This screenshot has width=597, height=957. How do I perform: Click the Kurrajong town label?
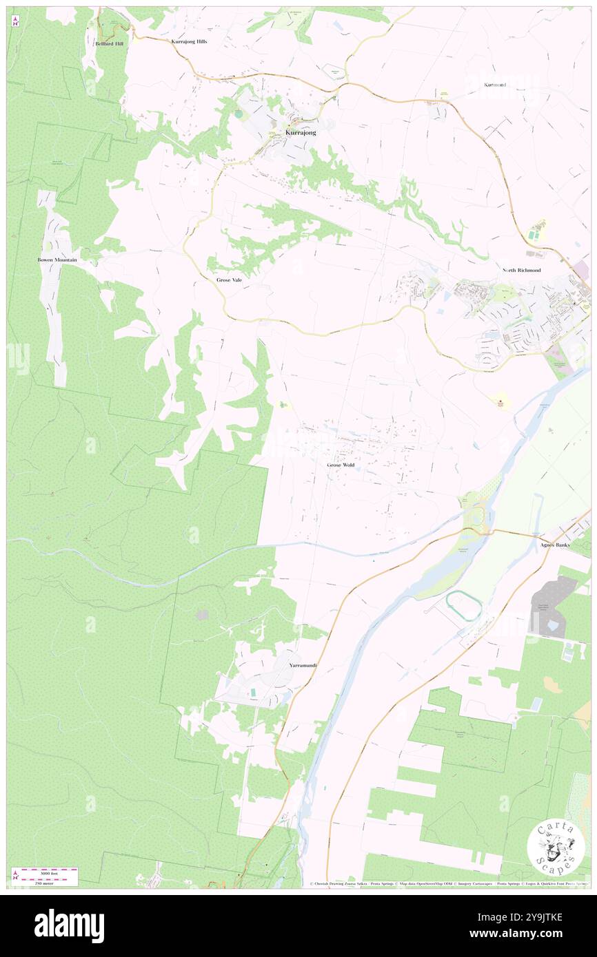click(x=301, y=132)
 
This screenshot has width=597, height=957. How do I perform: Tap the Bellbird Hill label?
click(x=109, y=43)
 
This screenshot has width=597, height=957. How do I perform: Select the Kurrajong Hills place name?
click(x=189, y=41)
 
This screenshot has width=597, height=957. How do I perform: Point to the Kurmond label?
click(x=495, y=85)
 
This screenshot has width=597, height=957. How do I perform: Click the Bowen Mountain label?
click(x=57, y=260)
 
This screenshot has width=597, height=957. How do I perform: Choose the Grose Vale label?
click(x=229, y=281)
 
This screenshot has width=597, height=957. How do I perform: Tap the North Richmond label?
click(x=521, y=271)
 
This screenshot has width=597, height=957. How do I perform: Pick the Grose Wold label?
click(x=341, y=465)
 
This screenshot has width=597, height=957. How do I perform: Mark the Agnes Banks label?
click(x=556, y=545)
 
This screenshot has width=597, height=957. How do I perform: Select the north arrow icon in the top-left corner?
click(x=15, y=21)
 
